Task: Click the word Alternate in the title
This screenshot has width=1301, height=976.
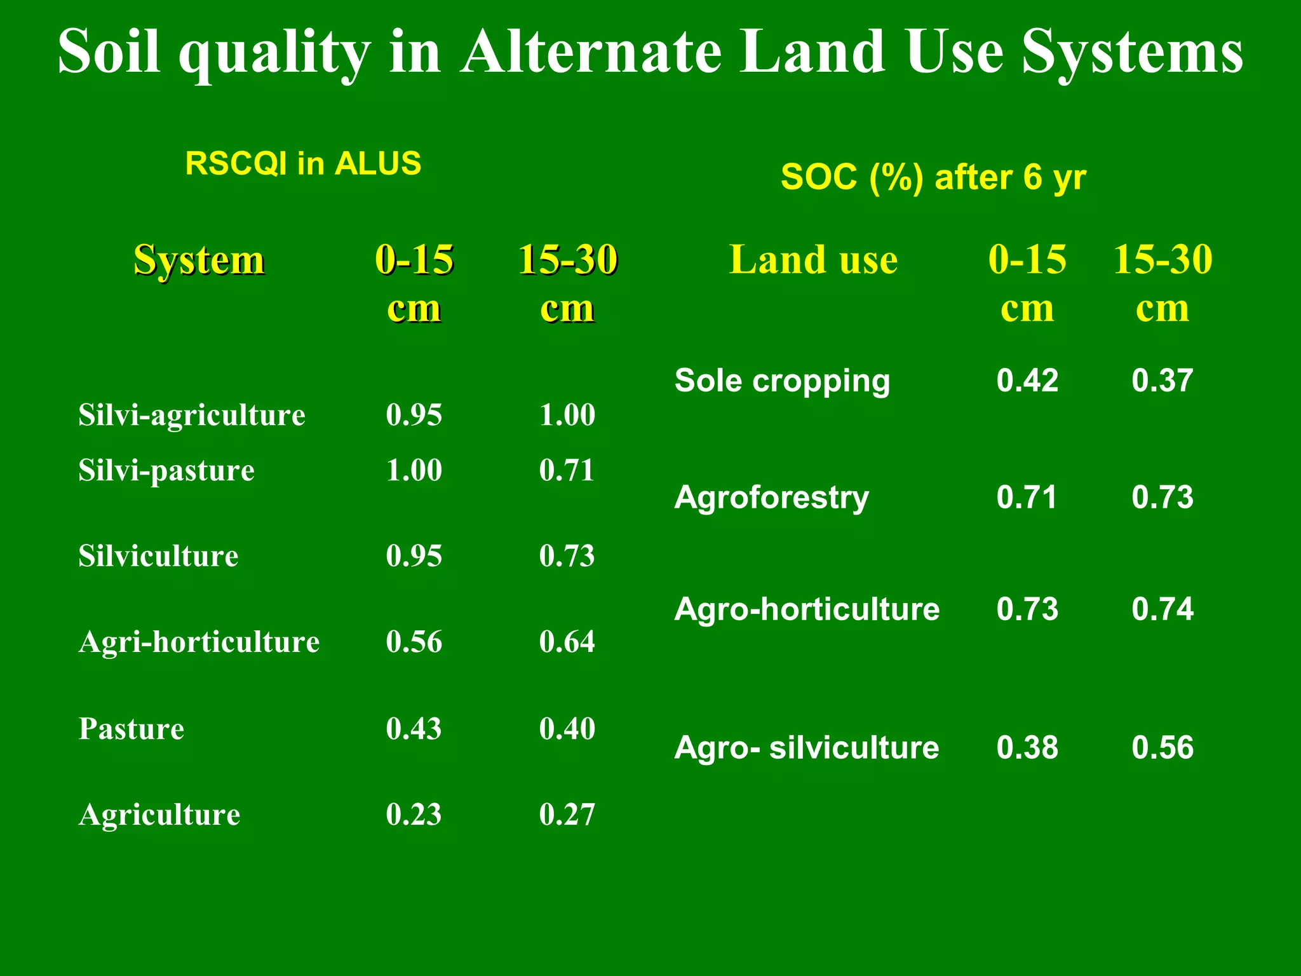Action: [x=591, y=52]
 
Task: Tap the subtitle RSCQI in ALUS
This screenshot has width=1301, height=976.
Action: [x=303, y=163]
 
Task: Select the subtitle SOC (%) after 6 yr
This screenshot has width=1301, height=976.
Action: [x=933, y=177]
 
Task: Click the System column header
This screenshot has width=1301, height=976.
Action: [x=199, y=260]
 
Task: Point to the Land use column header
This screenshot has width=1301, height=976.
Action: [x=813, y=260]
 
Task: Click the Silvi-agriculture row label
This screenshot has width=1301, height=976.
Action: [x=192, y=415]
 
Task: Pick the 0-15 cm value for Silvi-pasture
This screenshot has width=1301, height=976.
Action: [x=414, y=470]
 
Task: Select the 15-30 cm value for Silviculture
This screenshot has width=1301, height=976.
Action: [x=567, y=556]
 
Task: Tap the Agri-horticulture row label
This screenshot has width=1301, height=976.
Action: [x=199, y=642]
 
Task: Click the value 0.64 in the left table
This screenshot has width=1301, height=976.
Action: [x=567, y=642]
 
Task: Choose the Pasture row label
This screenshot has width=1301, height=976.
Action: [x=131, y=728]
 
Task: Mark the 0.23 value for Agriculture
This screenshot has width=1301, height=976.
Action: [x=414, y=815]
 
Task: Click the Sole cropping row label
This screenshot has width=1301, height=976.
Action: [x=782, y=381]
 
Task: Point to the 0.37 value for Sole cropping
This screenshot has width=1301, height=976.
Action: [x=1162, y=381]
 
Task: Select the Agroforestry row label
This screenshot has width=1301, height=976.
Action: [x=771, y=497]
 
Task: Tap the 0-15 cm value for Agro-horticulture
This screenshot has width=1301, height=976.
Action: [x=1027, y=609]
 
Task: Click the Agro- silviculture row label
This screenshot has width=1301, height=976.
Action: [x=806, y=747]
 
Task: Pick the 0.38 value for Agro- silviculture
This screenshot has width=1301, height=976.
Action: [x=1027, y=747]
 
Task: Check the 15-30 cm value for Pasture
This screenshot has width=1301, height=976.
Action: [x=567, y=728]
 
